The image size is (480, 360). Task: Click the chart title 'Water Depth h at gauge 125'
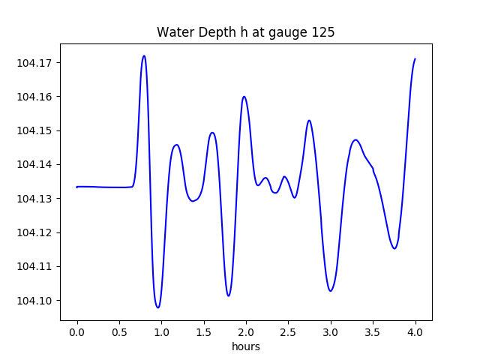[245, 32]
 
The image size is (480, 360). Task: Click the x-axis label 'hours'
[245, 346]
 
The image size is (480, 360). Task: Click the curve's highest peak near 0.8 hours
[144, 55]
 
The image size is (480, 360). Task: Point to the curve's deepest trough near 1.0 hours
[157, 307]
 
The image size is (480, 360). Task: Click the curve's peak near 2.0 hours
[244, 96]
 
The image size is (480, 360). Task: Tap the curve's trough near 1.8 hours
[229, 295]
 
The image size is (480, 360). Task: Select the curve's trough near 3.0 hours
[331, 291]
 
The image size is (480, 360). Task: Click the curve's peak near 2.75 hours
[309, 120]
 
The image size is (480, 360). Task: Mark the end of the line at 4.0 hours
[415, 58]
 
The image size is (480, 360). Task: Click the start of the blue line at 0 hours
[77, 187]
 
